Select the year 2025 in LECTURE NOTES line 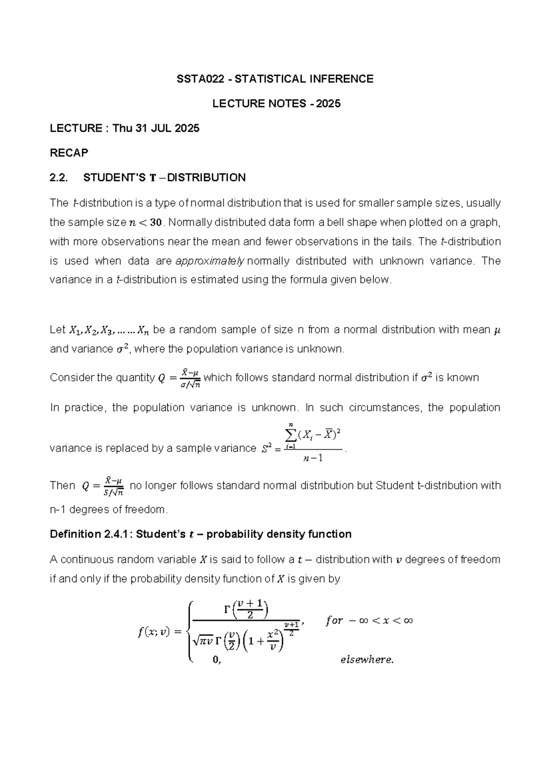328,104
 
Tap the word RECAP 69,153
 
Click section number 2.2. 59,178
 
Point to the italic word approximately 210,261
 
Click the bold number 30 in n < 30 156,222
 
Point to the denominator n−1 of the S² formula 313,458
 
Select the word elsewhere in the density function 366,660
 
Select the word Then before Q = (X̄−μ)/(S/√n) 62,486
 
